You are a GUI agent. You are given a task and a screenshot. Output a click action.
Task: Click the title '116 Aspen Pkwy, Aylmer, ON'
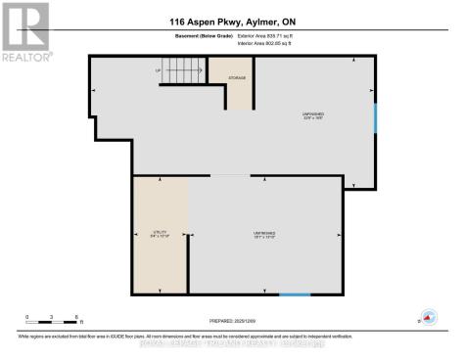232,21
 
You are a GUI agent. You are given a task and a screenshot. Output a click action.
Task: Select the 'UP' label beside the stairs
159,70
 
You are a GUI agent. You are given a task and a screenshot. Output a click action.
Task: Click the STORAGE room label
237,77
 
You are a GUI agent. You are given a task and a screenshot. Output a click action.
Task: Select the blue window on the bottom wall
294,294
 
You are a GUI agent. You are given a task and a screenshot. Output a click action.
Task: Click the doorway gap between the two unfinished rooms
231,176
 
